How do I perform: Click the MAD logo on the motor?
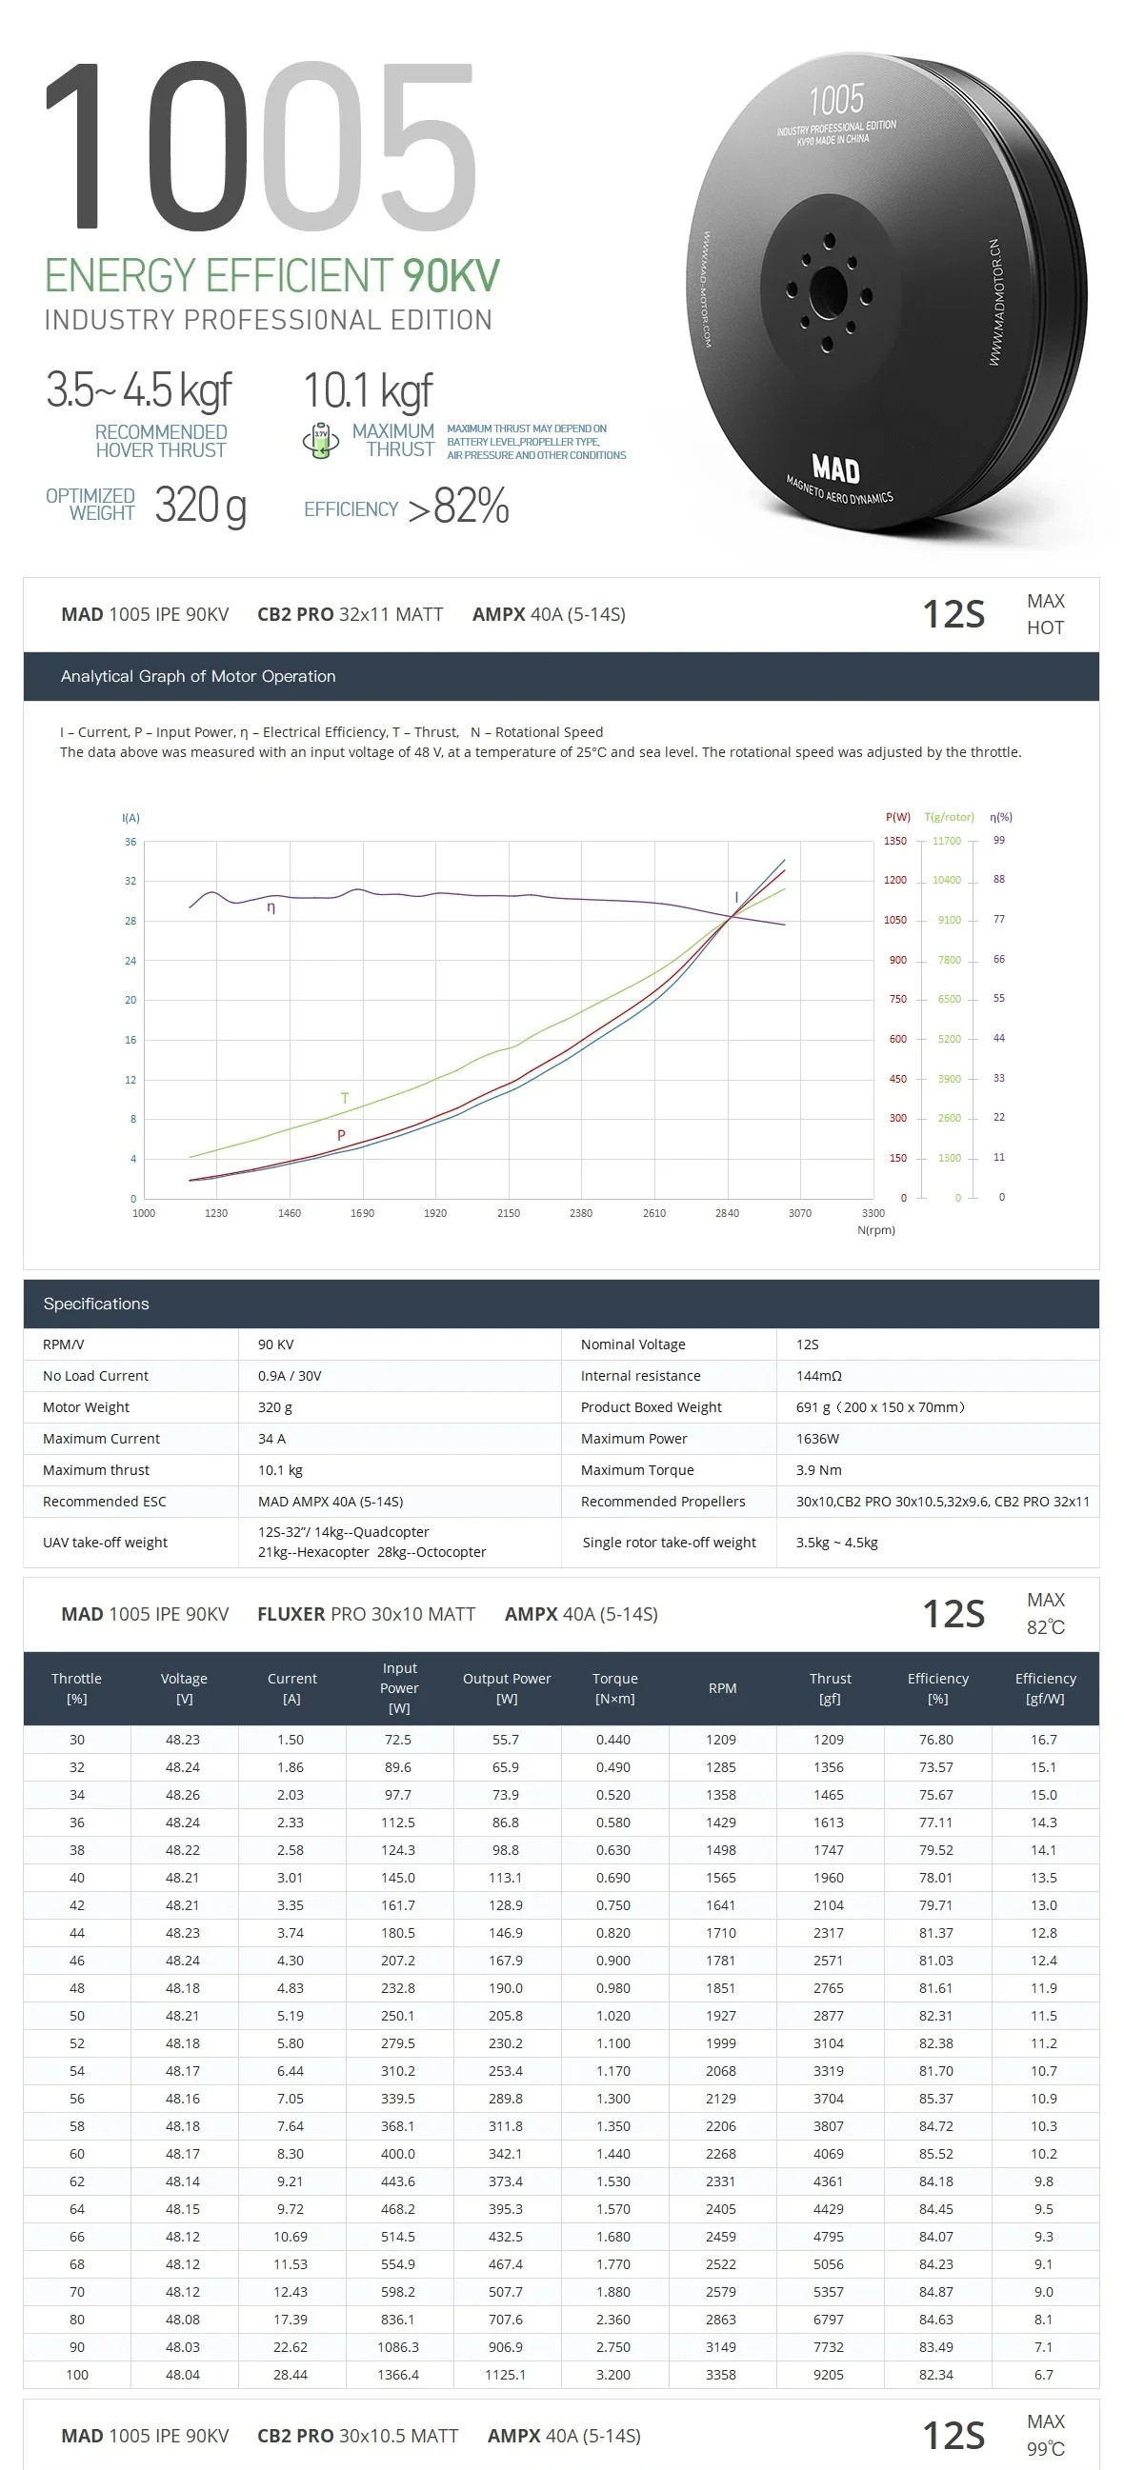coord(835,468)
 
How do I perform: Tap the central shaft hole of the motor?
coord(827,290)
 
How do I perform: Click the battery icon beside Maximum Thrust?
coord(320,441)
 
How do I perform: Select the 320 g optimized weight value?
coord(200,506)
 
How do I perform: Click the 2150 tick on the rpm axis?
coord(509,1213)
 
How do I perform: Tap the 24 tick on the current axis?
coord(130,961)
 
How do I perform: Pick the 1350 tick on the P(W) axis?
coord(894,841)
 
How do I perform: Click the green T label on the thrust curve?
coord(344,1098)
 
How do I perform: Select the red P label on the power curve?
coord(340,1135)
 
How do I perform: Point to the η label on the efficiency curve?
coord(271,907)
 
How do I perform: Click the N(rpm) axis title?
coord(875,1230)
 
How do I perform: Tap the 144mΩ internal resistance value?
coord(818,1376)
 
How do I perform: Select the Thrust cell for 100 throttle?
coord(829,2375)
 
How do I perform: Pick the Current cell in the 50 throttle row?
coord(291,2016)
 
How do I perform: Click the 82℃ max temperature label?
coord(1045,1627)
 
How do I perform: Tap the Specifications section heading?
coord(96,1305)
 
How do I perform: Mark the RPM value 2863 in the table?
coord(721,2320)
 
